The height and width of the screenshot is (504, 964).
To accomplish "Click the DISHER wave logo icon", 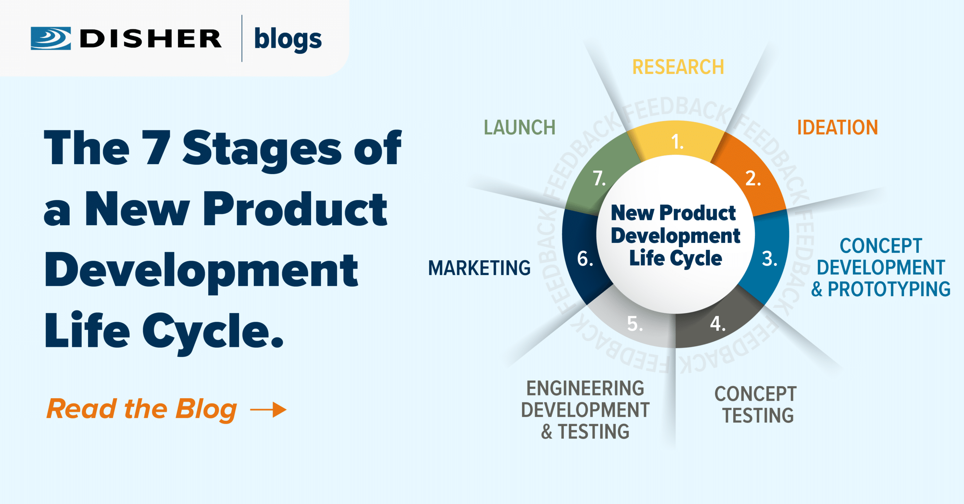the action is (x=51, y=38).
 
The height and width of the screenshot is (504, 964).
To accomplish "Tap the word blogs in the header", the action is (x=288, y=39).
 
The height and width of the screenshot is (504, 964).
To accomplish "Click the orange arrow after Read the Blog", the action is (x=268, y=409).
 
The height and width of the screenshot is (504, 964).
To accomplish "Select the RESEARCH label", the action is (x=678, y=67).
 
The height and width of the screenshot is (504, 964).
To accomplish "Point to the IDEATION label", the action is (x=837, y=127).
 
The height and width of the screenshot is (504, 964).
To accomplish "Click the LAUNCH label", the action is (x=520, y=127).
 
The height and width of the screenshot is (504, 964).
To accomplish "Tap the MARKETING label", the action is (x=479, y=268).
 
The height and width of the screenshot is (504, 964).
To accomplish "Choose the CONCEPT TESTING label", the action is (x=755, y=405).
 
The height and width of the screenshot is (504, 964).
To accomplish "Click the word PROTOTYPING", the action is (x=889, y=289).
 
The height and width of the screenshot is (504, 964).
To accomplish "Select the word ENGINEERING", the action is (x=585, y=388).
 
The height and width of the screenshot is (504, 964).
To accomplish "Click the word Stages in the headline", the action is (x=262, y=151).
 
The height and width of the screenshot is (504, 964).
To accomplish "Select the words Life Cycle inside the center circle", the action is (x=676, y=259).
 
